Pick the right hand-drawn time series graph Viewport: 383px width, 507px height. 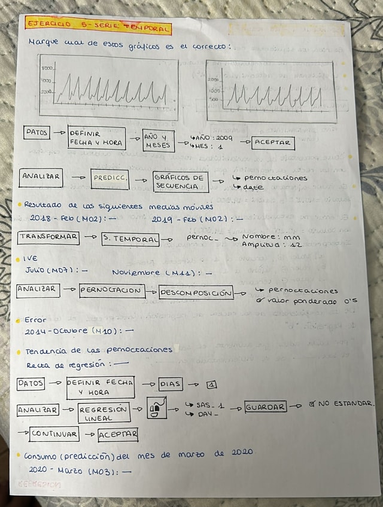tap(271, 91)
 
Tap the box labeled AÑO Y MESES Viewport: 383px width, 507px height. tap(159, 141)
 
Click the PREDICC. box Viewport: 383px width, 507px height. tap(110, 178)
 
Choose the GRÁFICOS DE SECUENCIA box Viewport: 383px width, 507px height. tap(180, 182)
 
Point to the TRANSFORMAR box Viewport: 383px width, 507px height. tap(48, 237)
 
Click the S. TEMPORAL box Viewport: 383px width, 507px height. tap(130, 239)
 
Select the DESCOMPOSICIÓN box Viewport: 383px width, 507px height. tap(203, 292)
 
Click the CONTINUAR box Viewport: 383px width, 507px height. tap(54, 434)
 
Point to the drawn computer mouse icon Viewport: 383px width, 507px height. tap(155, 409)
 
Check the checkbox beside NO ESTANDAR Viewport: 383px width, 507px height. tap(311, 404)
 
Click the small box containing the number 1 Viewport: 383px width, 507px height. tap(211, 384)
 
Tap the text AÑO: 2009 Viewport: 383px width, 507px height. tap(212, 138)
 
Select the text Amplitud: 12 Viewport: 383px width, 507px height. tap(270, 244)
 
